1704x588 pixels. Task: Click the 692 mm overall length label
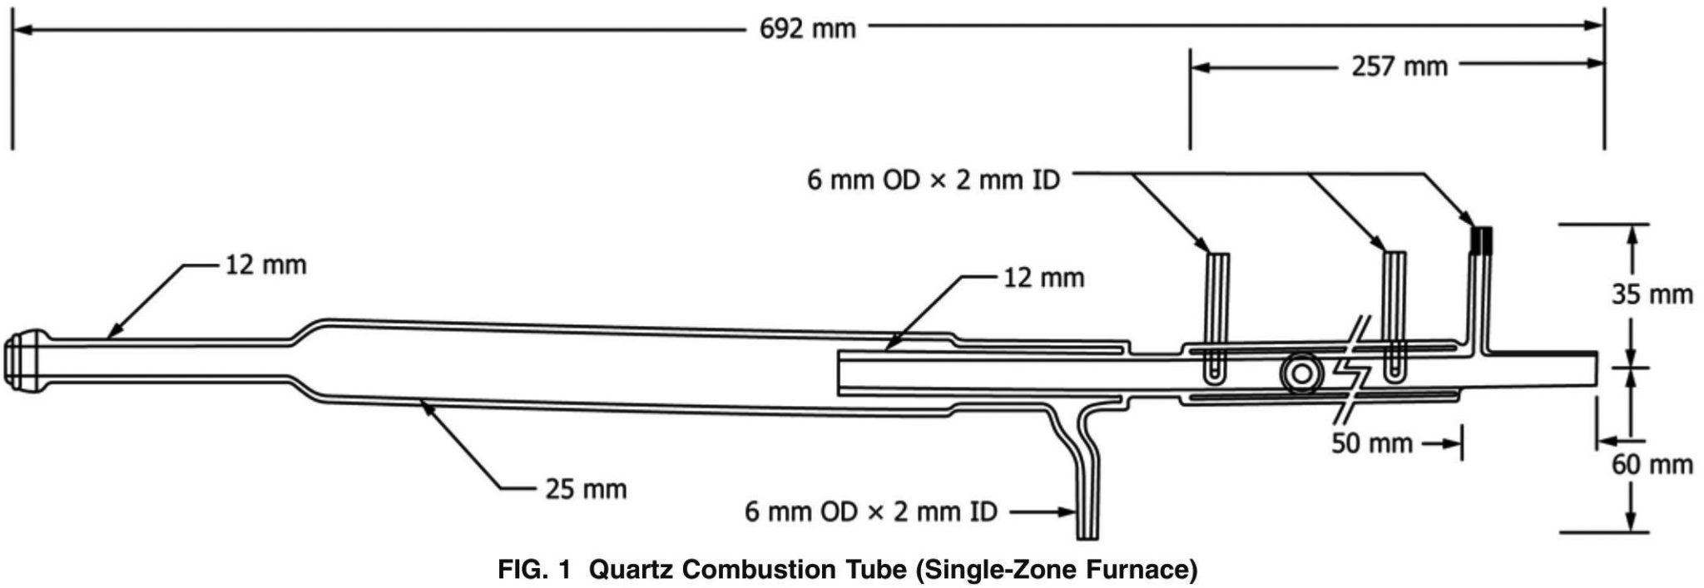[x=807, y=29]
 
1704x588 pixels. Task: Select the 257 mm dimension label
[x=1399, y=66]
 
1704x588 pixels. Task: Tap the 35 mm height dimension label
[x=1652, y=294]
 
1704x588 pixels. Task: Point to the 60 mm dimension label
[x=1652, y=464]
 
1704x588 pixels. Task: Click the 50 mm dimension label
[x=1371, y=443]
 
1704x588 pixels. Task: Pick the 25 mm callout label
[x=586, y=489]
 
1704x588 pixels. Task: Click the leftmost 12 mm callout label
[x=265, y=266]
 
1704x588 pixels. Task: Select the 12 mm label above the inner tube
[x=1043, y=278]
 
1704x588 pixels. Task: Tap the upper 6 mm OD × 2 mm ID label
[x=934, y=180]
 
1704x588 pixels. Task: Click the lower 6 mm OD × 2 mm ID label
[x=870, y=511]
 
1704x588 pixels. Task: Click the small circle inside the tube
[x=1298, y=373]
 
